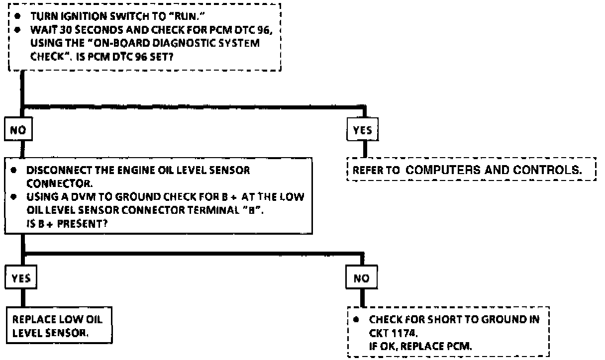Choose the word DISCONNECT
[51, 171]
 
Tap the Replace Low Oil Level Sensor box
[58, 324]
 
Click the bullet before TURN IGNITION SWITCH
[17, 15]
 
